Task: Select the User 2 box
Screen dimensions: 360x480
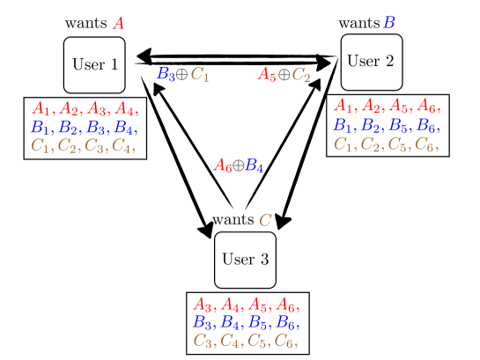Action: click(x=372, y=62)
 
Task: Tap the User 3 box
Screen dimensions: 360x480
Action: click(x=245, y=260)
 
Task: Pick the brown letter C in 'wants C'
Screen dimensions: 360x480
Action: click(x=264, y=219)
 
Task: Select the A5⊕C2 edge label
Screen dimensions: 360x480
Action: click(x=284, y=76)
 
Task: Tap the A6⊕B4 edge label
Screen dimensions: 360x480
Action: click(x=240, y=165)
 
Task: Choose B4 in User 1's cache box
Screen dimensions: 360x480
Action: click(x=126, y=129)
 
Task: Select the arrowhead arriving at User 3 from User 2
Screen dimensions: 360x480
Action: click(x=280, y=222)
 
